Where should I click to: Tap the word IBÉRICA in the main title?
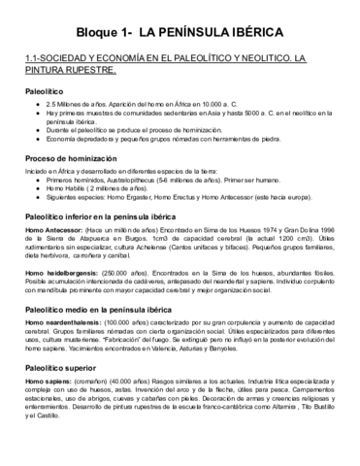point(261,33)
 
